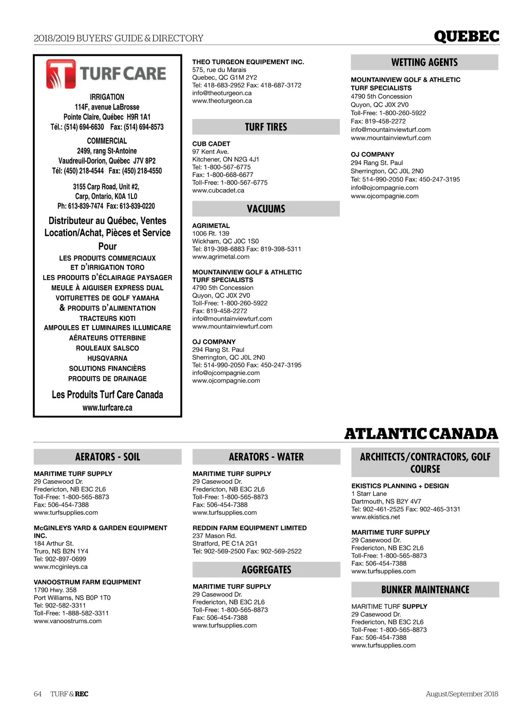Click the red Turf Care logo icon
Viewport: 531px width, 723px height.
pyautogui.click(x=61, y=73)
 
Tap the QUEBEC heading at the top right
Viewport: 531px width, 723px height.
pyautogui.click(x=466, y=36)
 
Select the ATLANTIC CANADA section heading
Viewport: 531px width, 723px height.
pyautogui.click(x=421, y=433)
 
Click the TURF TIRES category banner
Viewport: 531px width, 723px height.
pyautogui.click(x=266, y=127)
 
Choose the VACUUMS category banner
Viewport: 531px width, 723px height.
pyautogui.click(x=266, y=209)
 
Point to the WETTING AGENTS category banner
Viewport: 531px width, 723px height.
pyautogui.click(x=424, y=62)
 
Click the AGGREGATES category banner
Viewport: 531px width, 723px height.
pyautogui.click(x=266, y=570)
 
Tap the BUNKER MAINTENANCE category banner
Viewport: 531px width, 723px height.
pyautogui.click(x=425, y=590)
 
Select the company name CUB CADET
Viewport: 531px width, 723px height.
pyautogui.click(x=211, y=144)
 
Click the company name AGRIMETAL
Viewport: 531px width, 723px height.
pyautogui.click(x=211, y=226)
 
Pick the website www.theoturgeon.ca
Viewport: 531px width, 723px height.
pyautogui.click(x=222, y=101)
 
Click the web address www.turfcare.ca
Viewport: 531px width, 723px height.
pyautogui.click(x=108, y=408)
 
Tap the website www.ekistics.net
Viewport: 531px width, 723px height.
pyautogui.click(x=376, y=517)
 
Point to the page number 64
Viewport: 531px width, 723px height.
pyautogui.click(x=38, y=694)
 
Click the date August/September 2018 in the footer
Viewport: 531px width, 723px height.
pyautogui.click(x=462, y=694)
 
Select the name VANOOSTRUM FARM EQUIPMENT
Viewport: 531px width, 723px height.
pyautogui.click(x=87, y=582)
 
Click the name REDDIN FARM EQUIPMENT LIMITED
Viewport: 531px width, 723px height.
pyautogui.click(x=250, y=528)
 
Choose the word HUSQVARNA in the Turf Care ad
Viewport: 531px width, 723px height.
pyautogui.click(x=108, y=359)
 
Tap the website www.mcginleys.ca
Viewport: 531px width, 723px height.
pyautogui.click(x=61, y=567)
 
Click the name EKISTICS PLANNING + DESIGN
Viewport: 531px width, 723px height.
pyautogui.click(x=400, y=486)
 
